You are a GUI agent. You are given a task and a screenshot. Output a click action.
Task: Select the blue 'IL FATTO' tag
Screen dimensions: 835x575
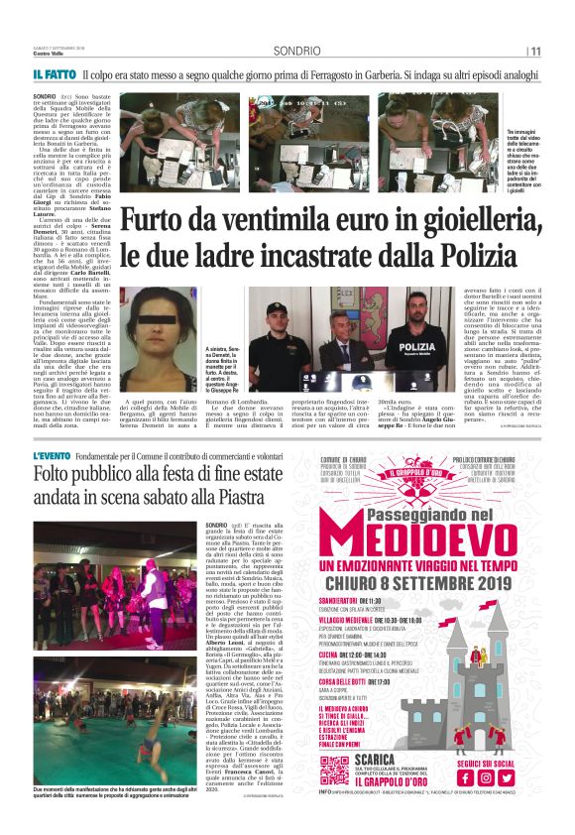click(55, 74)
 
